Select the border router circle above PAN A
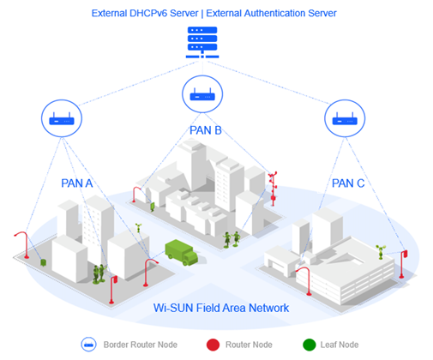tap(61, 119)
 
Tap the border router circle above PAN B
tap(200, 94)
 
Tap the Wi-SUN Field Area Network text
tap(213, 307)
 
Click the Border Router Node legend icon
tap(87, 345)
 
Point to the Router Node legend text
tap(249, 345)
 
